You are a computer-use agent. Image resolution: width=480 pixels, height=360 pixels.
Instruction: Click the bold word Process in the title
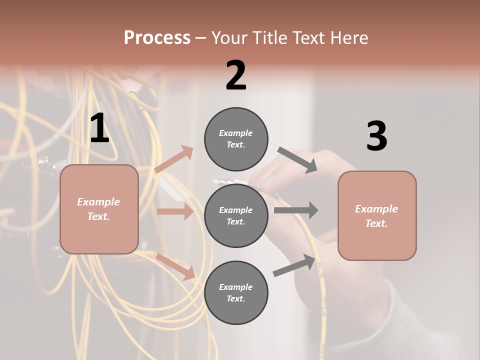157,37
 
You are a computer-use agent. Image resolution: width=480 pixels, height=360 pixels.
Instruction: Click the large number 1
99,128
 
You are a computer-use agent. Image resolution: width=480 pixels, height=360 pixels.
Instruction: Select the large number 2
236,75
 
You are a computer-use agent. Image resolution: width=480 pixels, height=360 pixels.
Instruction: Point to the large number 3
376,136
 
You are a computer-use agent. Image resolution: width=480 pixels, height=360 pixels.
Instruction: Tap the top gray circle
236,139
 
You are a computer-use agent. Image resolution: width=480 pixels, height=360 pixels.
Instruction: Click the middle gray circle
236,215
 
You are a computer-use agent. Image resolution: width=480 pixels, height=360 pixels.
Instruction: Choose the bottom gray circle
236,292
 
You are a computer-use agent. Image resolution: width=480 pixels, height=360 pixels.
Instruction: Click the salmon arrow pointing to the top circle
174,159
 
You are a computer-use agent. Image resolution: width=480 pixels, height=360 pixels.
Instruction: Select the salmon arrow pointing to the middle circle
175,211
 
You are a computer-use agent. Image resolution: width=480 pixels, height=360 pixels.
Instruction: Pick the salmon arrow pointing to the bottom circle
175,266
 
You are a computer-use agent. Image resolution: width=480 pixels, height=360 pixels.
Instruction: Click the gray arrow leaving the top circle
297,159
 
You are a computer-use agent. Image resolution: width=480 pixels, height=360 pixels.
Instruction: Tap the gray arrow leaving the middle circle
296,210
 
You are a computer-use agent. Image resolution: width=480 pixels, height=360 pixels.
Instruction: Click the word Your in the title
228,37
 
